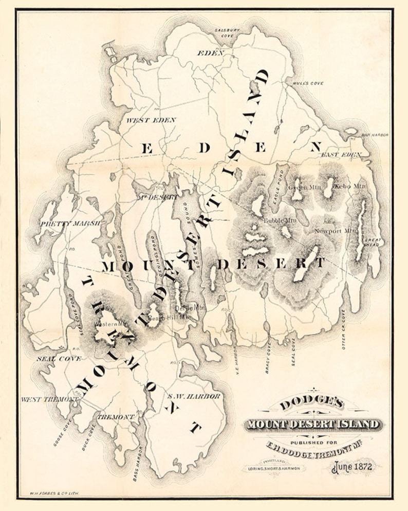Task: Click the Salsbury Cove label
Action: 227,34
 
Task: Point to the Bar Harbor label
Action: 375,135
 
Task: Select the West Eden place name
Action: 151,120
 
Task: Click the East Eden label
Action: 341,154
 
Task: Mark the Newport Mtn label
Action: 336,231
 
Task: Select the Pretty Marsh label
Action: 70,223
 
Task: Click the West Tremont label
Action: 49,399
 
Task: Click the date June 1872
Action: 355,467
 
